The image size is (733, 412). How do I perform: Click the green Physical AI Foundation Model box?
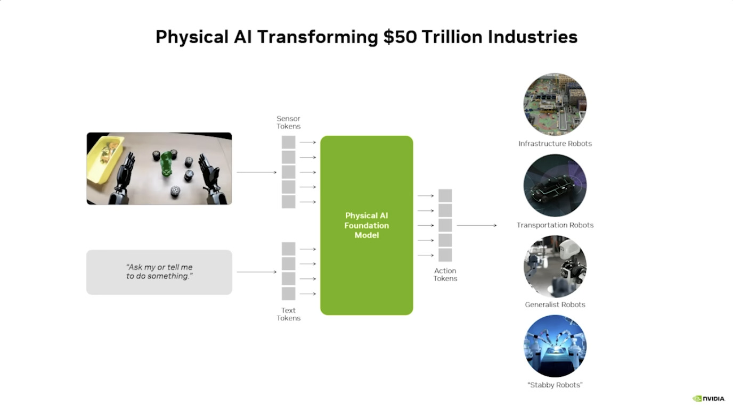(x=366, y=225)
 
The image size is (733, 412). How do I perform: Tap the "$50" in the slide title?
(x=400, y=37)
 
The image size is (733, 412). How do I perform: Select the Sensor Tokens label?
(x=288, y=122)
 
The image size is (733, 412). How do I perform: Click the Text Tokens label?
(x=288, y=314)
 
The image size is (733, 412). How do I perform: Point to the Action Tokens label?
(x=445, y=274)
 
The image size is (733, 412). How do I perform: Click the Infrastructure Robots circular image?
(x=555, y=104)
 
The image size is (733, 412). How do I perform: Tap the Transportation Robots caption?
(x=555, y=225)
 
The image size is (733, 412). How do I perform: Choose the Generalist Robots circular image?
(x=555, y=266)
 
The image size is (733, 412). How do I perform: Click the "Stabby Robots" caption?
(x=555, y=385)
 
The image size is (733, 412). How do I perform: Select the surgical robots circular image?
(x=555, y=346)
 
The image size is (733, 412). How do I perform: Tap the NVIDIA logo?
(x=709, y=399)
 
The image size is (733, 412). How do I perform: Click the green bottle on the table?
(x=166, y=164)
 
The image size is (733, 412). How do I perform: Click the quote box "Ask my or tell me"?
(x=159, y=272)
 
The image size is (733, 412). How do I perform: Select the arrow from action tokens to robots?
(x=477, y=225)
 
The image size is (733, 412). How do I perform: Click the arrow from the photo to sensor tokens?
(x=257, y=172)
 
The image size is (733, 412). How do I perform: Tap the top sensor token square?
(x=288, y=142)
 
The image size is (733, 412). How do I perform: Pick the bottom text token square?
(x=288, y=294)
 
